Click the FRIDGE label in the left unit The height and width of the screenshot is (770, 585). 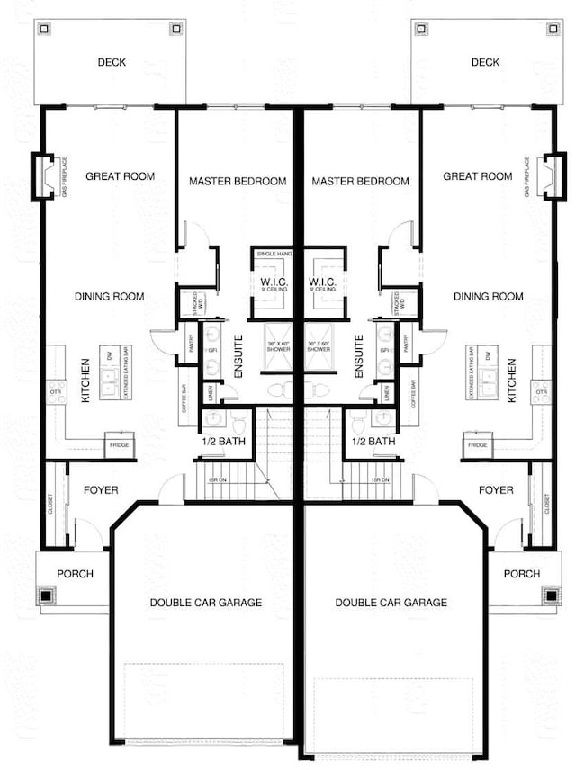119,445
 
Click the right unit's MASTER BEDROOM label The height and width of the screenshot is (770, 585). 360,181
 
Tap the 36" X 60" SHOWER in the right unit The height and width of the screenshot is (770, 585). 322,348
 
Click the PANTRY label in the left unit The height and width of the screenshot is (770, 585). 191,344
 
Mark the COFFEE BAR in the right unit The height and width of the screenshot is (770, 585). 414,394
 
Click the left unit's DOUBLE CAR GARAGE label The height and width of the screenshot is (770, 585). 206,602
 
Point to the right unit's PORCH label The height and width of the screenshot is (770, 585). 522,573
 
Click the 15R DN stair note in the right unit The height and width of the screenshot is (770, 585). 380,480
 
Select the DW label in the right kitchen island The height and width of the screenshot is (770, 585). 487,355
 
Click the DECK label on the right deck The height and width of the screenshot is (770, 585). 485,62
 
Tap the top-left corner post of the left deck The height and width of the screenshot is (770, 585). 43,28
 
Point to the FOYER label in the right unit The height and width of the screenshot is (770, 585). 496,490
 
